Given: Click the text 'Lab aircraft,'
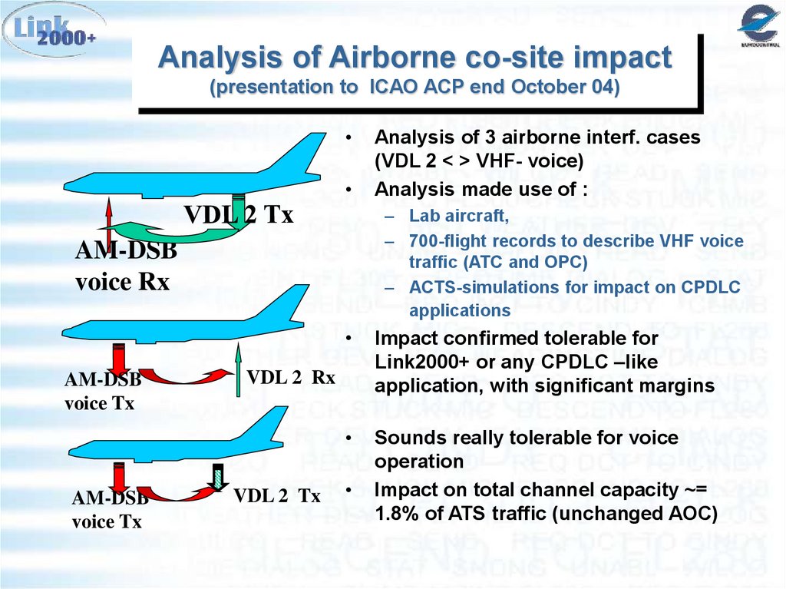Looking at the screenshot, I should [459, 217].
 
